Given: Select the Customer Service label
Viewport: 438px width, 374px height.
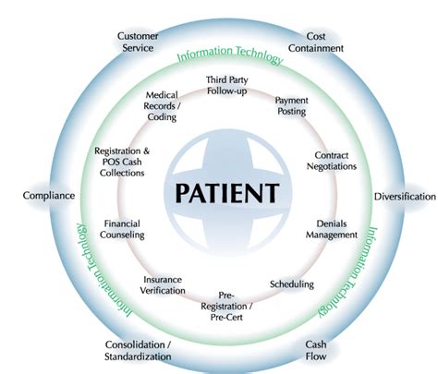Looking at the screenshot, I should [x=138, y=42].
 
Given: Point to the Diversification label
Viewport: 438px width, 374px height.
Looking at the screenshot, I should [x=404, y=197].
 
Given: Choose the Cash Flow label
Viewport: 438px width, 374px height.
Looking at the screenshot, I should [x=317, y=351].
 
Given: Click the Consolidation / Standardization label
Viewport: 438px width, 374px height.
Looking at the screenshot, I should [x=137, y=351].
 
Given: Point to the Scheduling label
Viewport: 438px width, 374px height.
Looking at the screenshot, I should [x=291, y=284].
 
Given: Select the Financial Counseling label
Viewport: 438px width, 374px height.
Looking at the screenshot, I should [x=122, y=229].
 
